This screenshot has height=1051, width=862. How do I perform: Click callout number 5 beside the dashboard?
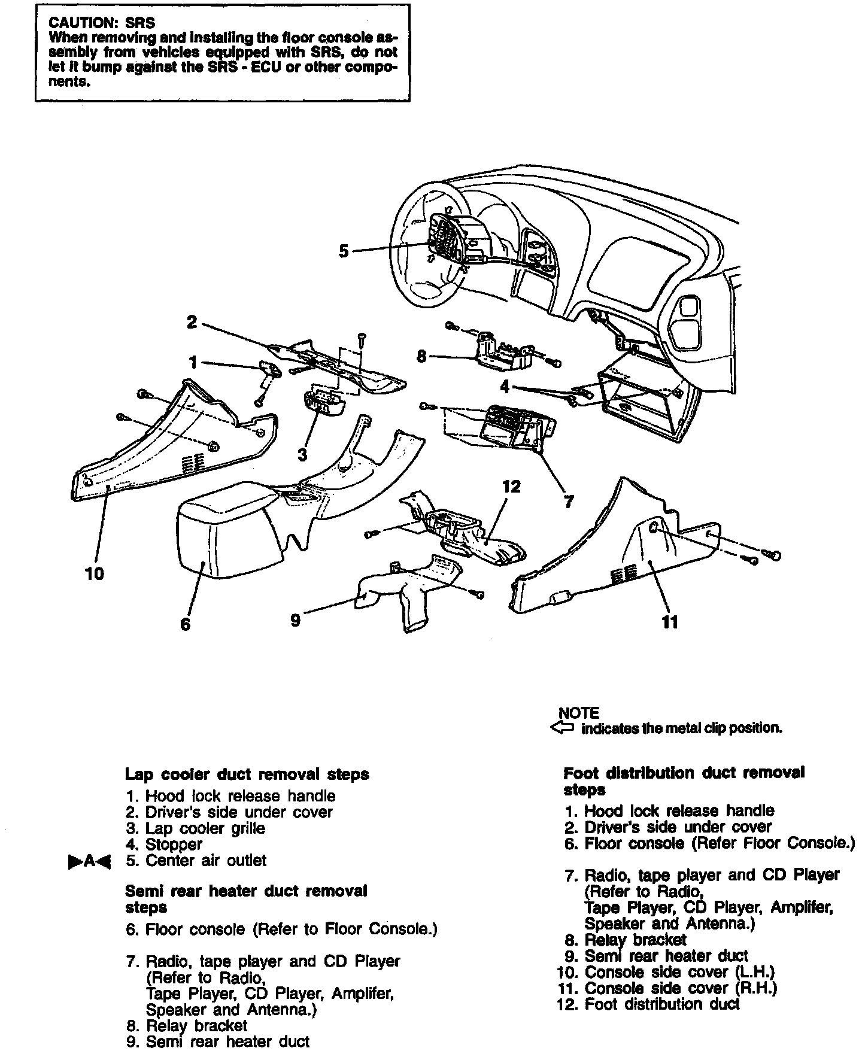pos(343,251)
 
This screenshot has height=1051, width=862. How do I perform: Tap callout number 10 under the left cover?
pos(95,574)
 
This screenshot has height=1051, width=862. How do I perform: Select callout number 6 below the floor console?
pos(185,624)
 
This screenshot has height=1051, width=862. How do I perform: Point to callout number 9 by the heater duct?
pos(295,620)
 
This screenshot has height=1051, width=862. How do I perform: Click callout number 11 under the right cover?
pos(670,622)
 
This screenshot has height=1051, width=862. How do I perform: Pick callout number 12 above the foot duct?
pos(512,487)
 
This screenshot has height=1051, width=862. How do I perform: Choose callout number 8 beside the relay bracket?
pos(421,357)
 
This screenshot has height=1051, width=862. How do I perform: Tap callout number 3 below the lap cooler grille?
pos(302,455)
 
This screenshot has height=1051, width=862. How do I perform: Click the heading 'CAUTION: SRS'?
pos(102,23)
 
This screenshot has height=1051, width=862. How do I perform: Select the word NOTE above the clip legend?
pos(578,713)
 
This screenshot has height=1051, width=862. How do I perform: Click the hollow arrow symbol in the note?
pos(561,728)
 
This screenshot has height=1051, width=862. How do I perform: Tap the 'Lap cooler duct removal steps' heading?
pos(247,774)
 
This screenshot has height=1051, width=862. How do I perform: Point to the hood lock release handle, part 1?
pos(271,369)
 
